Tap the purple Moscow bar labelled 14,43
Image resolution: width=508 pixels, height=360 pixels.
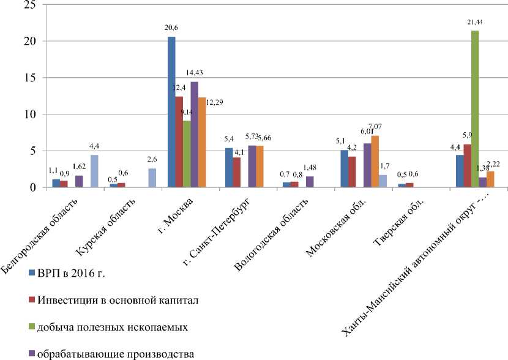[195, 135]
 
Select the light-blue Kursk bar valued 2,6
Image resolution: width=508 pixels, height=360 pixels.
[152, 178]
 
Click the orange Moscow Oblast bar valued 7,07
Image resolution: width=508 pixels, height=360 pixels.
[375, 162]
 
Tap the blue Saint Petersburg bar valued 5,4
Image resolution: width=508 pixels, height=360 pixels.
[229, 168]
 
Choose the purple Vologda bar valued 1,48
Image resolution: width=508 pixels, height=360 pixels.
[310, 182]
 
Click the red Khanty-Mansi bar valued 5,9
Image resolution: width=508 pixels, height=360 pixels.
[467, 166]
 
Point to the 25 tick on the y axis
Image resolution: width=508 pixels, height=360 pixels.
[29, 5]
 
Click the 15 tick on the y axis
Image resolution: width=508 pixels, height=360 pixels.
[29, 78]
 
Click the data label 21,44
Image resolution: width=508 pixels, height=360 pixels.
[475, 22]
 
